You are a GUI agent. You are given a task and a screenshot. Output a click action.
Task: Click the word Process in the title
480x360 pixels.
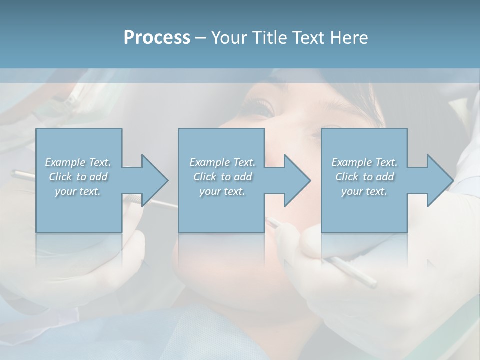(157, 38)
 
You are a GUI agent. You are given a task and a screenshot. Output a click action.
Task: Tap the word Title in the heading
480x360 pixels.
(267, 38)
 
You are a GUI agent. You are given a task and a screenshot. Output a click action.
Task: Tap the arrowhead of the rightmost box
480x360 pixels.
(439, 180)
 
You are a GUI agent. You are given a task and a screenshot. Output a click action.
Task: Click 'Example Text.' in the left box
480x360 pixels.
(78, 162)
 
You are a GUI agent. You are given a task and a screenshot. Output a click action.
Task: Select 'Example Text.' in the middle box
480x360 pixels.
(222, 162)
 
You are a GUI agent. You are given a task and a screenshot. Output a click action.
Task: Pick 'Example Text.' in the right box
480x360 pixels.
(364, 162)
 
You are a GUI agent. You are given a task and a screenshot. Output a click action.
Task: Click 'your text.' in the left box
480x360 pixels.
(78, 191)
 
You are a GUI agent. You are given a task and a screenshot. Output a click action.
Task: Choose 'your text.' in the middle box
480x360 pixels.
(222, 191)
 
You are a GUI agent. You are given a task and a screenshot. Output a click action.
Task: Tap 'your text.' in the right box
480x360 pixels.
(364, 191)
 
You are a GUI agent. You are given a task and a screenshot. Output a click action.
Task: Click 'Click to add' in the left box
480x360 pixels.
(78, 177)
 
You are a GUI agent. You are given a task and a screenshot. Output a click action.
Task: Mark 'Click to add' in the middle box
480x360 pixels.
(222, 177)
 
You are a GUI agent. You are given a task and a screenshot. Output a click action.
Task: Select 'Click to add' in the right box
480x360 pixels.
(364, 177)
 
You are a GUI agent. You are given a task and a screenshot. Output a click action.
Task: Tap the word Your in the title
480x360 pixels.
(229, 38)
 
